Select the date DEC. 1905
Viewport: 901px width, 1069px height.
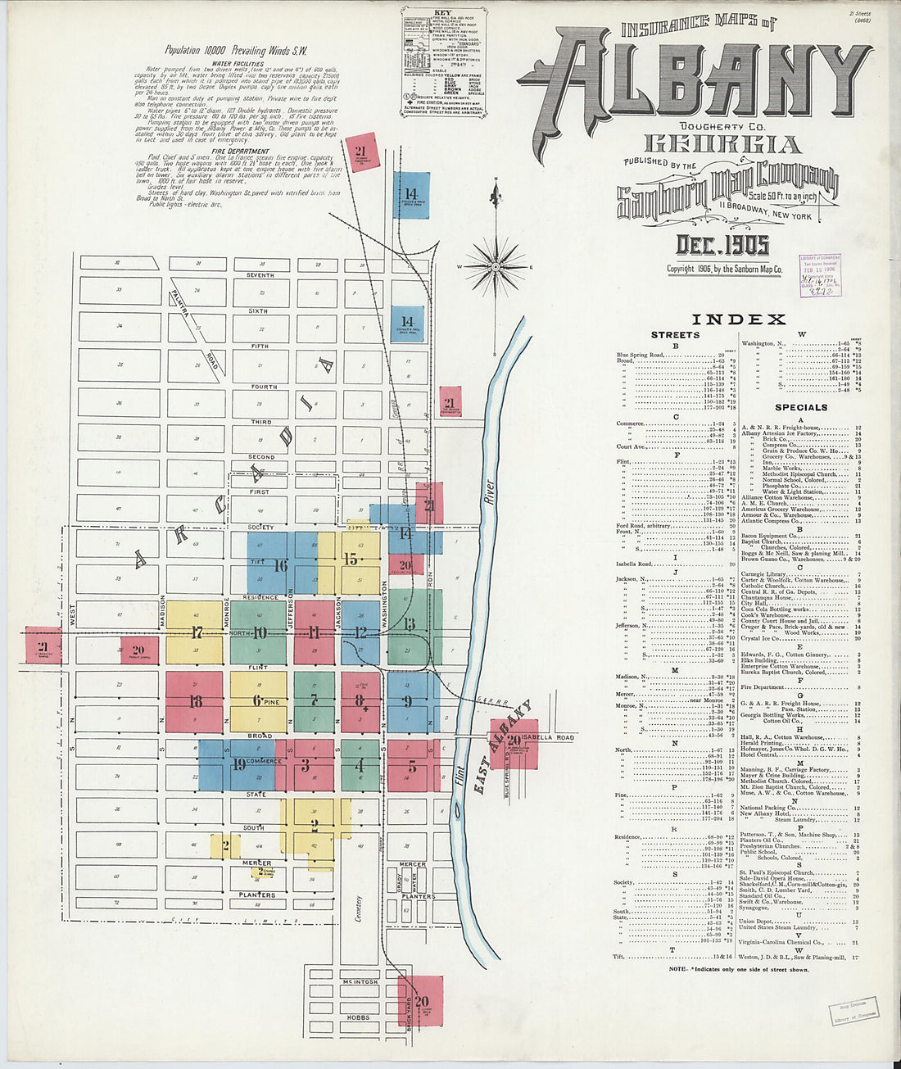click(722, 245)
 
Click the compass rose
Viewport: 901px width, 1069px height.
click(496, 266)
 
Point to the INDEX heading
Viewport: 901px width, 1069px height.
click(738, 319)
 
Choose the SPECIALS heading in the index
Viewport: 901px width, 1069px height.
click(800, 407)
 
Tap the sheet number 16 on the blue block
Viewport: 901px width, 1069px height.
click(280, 565)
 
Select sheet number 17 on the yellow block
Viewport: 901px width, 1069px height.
click(196, 632)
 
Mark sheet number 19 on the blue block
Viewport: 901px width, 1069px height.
click(239, 765)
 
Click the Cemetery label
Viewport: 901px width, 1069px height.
click(358, 908)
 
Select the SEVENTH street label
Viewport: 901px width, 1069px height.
click(260, 275)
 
